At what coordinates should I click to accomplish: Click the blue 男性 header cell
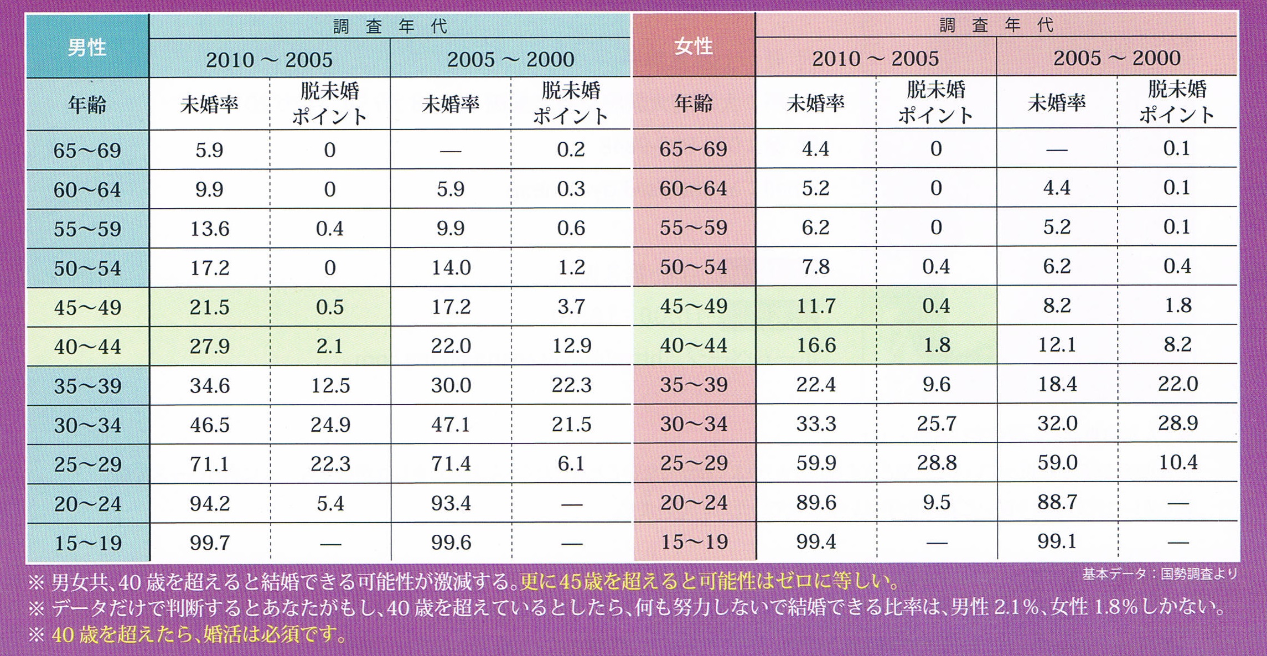point(87,48)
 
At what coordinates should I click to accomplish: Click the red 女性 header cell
point(693,47)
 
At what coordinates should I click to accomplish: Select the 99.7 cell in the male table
point(209,543)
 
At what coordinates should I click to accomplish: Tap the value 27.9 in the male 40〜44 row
point(209,347)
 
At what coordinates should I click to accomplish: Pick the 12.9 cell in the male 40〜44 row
point(571,346)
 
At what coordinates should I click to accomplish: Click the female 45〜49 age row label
point(693,306)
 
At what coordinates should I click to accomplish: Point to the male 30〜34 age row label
point(87,425)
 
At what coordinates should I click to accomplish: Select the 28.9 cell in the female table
point(1177,423)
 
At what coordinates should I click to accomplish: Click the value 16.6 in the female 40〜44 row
point(815,345)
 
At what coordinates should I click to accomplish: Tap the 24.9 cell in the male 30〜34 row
point(330,425)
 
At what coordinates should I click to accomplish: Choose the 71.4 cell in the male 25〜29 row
point(451,464)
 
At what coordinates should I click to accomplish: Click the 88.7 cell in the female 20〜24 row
point(1057,502)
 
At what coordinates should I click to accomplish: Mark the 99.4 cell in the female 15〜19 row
point(815,541)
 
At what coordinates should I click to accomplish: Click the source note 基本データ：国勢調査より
point(1159,574)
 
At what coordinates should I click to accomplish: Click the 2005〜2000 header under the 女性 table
point(1116,58)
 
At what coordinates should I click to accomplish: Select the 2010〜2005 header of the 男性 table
point(269,59)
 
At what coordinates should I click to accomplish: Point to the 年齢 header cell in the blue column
point(87,105)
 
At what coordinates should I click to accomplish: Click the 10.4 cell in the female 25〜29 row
point(1177,463)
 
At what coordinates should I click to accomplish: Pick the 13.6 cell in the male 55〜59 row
point(209,229)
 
